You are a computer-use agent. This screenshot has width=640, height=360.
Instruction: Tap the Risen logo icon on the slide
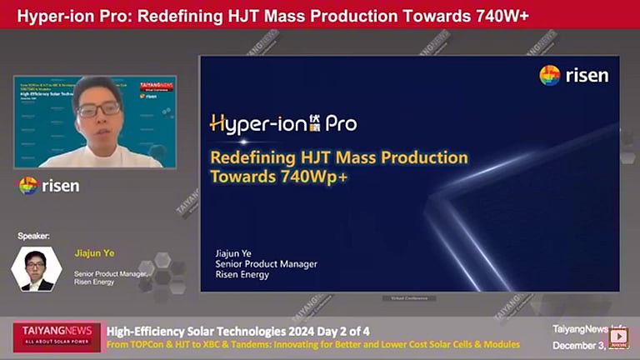pos(549,75)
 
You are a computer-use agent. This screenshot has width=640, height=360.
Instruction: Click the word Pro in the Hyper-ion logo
pos(341,124)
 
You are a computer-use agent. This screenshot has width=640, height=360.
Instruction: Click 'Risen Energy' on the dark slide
pos(242,275)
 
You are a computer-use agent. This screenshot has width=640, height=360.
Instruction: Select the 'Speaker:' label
pos(34,236)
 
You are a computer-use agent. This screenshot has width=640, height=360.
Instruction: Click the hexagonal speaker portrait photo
pos(35,269)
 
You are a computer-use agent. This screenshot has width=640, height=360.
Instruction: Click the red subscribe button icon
pos(617,337)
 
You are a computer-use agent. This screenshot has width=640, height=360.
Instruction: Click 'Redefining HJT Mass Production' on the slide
pos(338,157)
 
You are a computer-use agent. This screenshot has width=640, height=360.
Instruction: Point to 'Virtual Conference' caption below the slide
pos(408,297)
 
